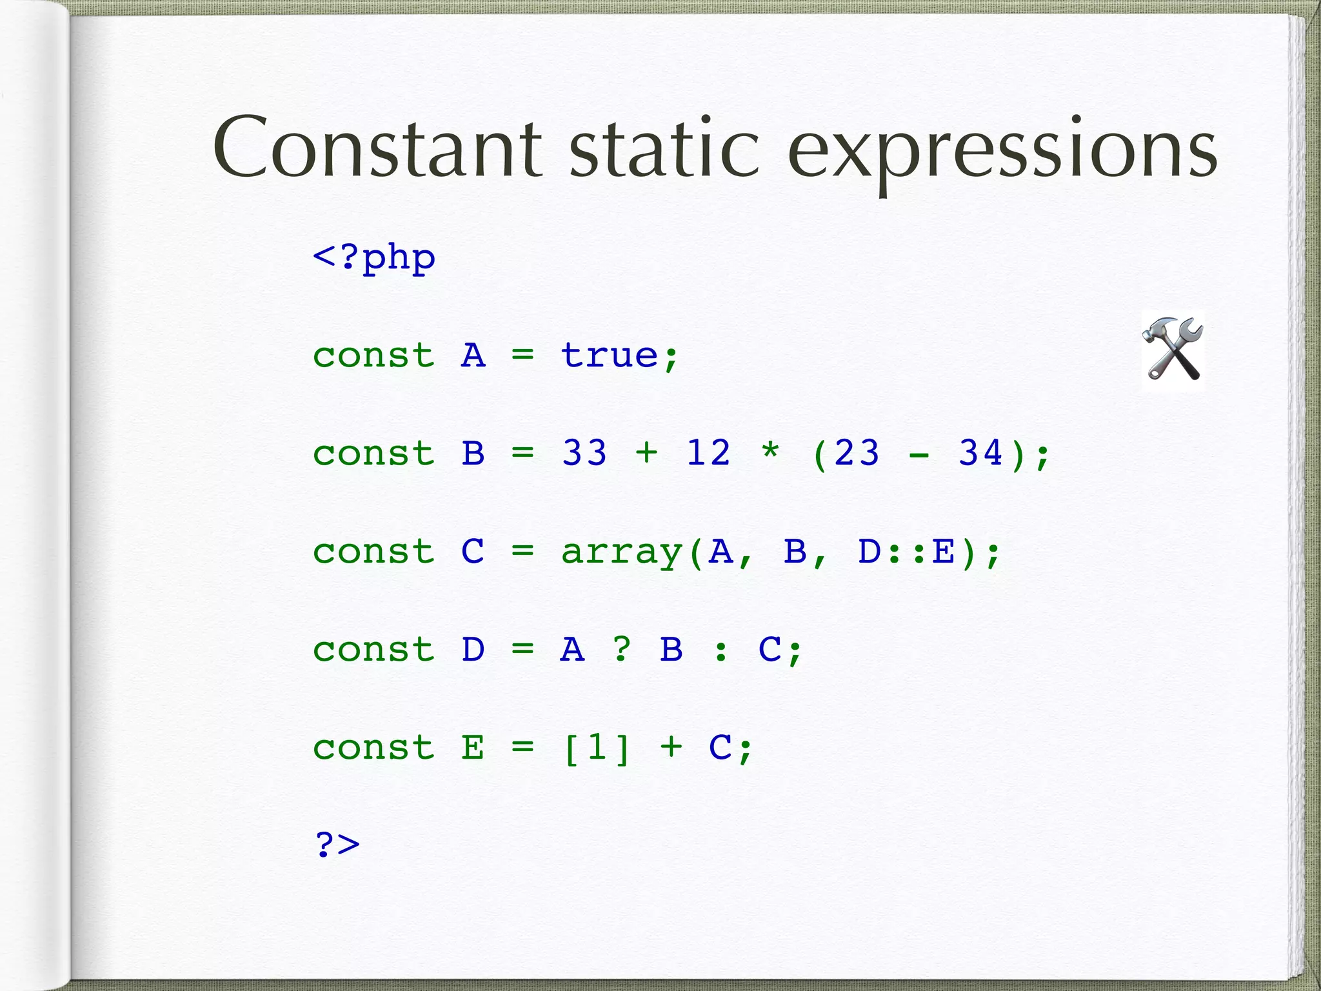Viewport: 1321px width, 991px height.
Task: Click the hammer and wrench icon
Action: point(1173,350)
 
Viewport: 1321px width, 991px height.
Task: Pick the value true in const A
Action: point(609,355)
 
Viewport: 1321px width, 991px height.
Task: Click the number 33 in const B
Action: point(584,453)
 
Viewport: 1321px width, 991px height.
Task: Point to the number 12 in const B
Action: point(708,453)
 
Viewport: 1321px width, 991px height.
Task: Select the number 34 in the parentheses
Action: point(980,453)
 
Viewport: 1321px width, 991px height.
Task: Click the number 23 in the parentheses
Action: point(857,453)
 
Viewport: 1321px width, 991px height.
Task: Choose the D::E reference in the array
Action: point(907,552)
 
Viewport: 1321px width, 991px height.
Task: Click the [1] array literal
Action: point(597,748)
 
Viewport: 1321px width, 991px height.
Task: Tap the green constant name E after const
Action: point(473,748)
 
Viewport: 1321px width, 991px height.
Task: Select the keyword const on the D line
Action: point(374,650)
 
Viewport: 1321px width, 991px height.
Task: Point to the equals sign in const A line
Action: point(522,355)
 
